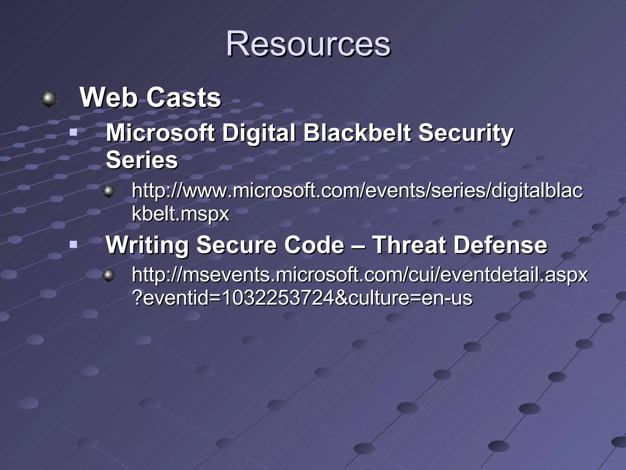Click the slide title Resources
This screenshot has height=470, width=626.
coord(308,44)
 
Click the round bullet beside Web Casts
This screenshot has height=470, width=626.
coord(49,99)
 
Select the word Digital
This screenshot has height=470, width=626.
coord(259,133)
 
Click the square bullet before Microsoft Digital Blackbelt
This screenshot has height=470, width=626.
coord(73,133)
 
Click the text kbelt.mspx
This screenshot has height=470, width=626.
coord(180,214)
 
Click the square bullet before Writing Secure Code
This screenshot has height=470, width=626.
coord(73,244)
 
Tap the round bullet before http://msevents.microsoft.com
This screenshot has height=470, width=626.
coord(109,276)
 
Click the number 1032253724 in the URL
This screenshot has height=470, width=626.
coord(278,298)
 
